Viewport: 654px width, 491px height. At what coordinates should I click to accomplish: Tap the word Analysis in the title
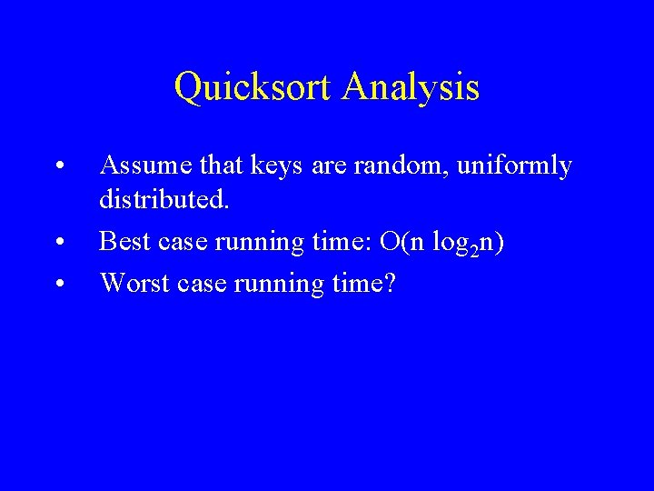coord(411,88)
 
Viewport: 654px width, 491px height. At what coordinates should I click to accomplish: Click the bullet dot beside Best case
coord(58,243)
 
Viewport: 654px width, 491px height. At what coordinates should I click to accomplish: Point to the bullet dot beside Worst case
coord(58,285)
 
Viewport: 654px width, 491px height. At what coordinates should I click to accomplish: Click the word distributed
coord(164,197)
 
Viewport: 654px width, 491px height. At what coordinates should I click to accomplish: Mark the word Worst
coord(130,283)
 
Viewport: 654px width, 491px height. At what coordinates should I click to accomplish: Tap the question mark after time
coord(389,283)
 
